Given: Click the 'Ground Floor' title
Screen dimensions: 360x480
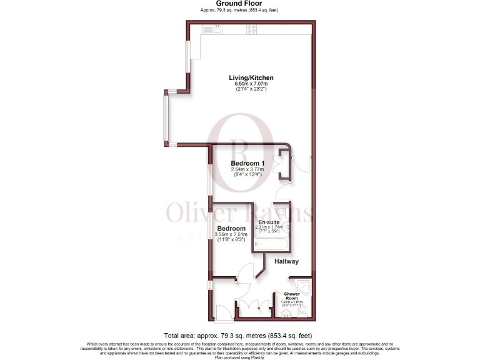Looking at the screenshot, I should point(239,4).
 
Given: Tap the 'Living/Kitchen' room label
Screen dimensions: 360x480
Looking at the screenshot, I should point(250,77).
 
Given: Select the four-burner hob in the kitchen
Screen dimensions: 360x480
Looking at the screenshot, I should point(252,27).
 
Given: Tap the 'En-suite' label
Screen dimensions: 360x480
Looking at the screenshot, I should point(269,221).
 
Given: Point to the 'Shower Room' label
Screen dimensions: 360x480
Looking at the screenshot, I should point(292,296).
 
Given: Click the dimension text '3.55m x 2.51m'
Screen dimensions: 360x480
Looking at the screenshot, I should point(231,234).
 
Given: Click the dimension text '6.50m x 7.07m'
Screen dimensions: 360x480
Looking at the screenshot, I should point(250,84).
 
